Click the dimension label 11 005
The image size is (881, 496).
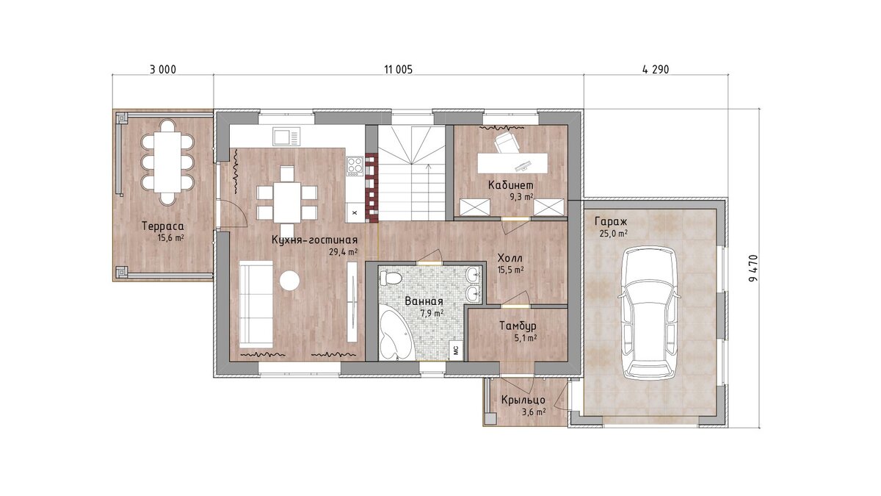[x=399, y=70]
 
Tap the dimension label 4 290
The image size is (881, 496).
[x=656, y=70]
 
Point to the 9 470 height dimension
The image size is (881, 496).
[x=753, y=268]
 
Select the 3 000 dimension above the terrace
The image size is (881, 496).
[x=163, y=70]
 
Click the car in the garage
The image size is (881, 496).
[x=649, y=313]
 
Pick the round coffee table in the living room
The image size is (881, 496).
[x=289, y=280]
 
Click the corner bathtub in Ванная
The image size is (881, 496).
[x=396, y=334]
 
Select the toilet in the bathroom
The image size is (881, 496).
[x=390, y=278]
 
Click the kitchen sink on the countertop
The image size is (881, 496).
[x=286, y=137]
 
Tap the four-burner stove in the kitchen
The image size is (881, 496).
[x=355, y=166]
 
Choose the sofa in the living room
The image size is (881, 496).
[x=256, y=304]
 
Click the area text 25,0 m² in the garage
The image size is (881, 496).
[x=613, y=234]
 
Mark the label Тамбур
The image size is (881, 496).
[x=518, y=326]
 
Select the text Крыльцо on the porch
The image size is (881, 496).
[x=523, y=400]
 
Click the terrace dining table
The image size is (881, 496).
[x=167, y=162]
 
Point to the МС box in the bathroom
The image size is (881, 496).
[x=456, y=351]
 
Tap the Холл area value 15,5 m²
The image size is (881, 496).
[x=510, y=270]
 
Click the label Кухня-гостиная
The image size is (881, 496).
[x=315, y=240]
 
